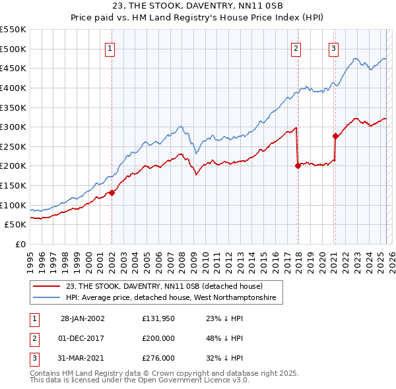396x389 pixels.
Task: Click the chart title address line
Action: pos(197,7)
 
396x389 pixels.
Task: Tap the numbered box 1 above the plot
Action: pos(110,47)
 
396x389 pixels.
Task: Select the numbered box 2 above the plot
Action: pos(296,47)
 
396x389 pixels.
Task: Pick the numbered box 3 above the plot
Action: pos(334,47)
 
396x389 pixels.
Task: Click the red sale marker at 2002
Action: pos(112,193)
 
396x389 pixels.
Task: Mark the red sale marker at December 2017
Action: pos(298,165)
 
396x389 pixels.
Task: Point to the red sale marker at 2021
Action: pos(335,136)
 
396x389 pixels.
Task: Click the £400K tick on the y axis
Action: pos(15,88)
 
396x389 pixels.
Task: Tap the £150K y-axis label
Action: pos(15,185)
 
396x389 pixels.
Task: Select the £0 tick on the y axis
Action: pos(20,244)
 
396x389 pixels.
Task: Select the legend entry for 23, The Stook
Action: pos(164,286)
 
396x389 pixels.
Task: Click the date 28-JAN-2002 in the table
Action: pos(82,318)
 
